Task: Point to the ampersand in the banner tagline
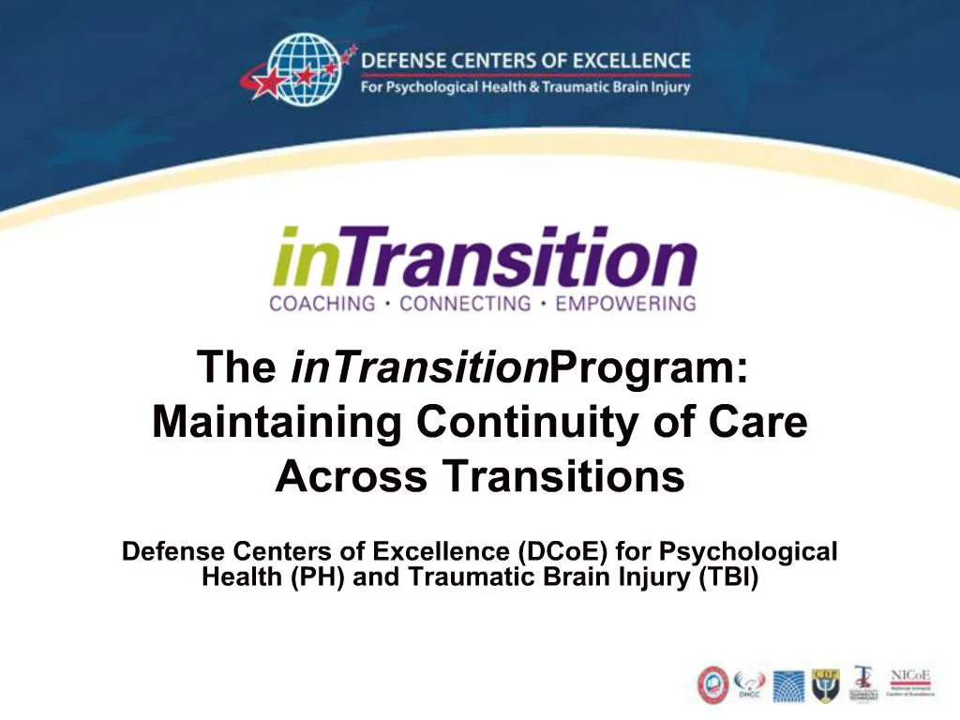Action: (538, 87)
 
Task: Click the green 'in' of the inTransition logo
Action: (301, 258)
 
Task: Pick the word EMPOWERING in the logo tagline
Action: (625, 304)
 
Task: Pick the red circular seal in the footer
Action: (713, 685)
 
